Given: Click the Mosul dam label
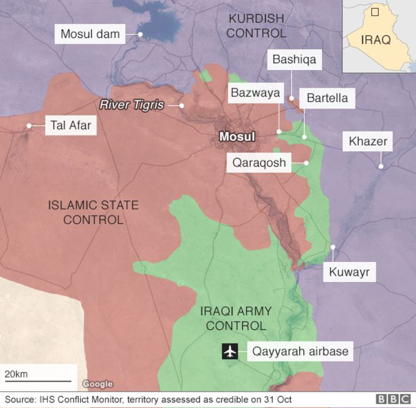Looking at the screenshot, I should tap(90, 33).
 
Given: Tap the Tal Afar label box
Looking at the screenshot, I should tap(71, 125).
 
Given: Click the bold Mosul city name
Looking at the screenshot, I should tap(236, 137).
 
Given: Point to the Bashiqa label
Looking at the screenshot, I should tap(294, 60).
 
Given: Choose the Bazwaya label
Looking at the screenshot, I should tap(255, 93).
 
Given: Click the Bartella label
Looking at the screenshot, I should tap(326, 98).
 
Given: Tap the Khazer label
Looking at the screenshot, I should tap(367, 141).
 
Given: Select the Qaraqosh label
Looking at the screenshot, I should tap(258, 163).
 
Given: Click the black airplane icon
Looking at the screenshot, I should tap(229, 351).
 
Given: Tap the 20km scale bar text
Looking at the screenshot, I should tap(16, 374).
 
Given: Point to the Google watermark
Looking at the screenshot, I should tap(98, 384).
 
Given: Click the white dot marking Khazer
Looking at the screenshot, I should tap(381, 166).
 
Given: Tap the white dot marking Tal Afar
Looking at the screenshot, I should tap(28, 125).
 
